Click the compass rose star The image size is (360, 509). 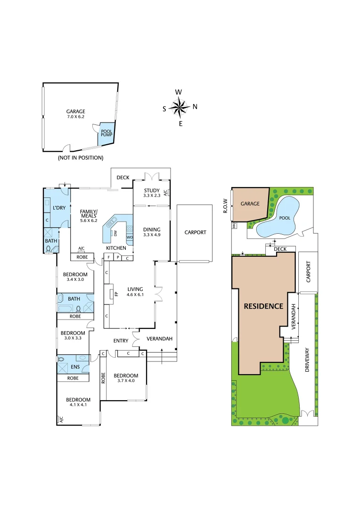[179, 107]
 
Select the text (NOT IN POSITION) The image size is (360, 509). [81, 158]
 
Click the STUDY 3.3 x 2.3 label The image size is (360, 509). [152, 192]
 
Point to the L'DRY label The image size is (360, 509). [59, 208]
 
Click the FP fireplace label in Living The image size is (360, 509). [115, 294]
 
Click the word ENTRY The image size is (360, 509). [121, 340]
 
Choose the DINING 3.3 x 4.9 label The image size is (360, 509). [152, 232]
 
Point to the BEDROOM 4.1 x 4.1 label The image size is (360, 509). [79, 402]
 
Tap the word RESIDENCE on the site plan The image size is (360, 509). [263, 306]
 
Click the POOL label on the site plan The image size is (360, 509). [285, 218]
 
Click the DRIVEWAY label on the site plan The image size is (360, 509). [307, 361]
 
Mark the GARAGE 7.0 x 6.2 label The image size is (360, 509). [75, 114]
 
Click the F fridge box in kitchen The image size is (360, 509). [108, 257]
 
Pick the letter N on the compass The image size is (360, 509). [195, 107]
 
